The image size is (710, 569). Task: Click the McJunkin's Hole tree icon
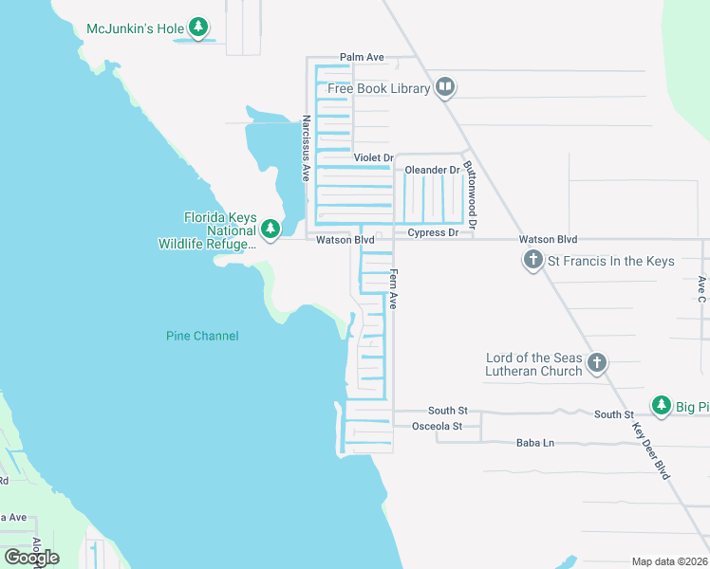pyautogui.click(x=198, y=28)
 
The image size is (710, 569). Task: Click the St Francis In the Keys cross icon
pyautogui.click(x=533, y=260)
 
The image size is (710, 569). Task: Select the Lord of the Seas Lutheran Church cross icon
pyautogui.click(x=597, y=362)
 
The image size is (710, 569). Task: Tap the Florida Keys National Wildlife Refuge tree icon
pyautogui.click(x=271, y=229)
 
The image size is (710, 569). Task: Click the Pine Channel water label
pyautogui.click(x=202, y=336)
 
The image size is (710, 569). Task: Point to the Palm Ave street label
pyautogui.click(x=363, y=58)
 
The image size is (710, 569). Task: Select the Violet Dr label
pyautogui.click(x=373, y=157)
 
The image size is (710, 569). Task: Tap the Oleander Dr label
pyautogui.click(x=432, y=171)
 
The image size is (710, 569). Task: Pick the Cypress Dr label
pyautogui.click(x=433, y=232)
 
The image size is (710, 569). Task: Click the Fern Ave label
pyautogui.click(x=392, y=289)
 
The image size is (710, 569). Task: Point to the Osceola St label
pyautogui.click(x=437, y=427)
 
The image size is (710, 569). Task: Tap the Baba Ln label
pyautogui.click(x=534, y=443)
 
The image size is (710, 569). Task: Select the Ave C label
pyautogui.click(x=701, y=289)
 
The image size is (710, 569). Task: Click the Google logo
pyautogui.click(x=31, y=558)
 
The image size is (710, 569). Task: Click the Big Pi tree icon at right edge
pyautogui.click(x=662, y=406)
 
